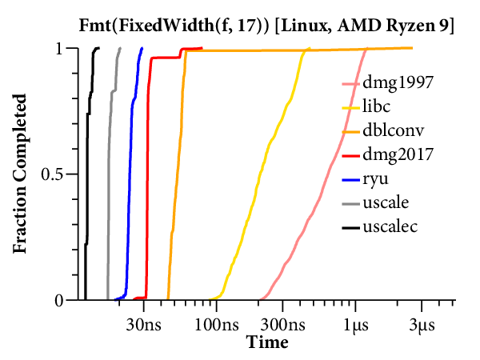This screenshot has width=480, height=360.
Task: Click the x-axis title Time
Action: click(x=267, y=342)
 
